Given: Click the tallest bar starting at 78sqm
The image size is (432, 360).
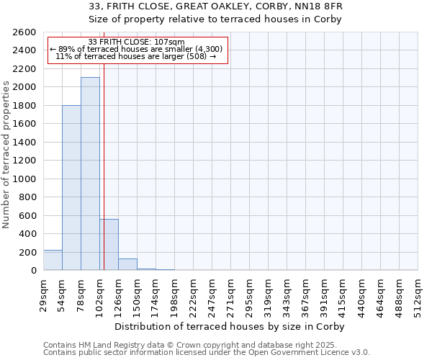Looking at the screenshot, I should click(x=90, y=174).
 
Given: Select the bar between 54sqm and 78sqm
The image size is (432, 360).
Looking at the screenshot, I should click(x=71, y=187).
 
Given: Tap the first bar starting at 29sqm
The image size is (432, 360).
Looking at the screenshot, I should click(x=53, y=260).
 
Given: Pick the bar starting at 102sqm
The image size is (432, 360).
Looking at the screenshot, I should click(x=109, y=244).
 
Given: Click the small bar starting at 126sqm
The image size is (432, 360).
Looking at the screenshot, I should click(x=127, y=264).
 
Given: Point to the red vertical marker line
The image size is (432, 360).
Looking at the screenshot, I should click(x=104, y=180).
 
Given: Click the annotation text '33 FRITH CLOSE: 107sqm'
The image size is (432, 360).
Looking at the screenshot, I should click(x=136, y=42).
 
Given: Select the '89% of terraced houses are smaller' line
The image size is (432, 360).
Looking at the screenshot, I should click(x=136, y=49).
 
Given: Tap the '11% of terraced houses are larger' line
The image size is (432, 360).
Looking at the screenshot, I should click(x=136, y=56).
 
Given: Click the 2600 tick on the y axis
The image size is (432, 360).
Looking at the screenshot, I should click(x=26, y=32).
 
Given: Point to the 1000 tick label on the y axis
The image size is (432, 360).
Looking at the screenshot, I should click(x=26, y=179).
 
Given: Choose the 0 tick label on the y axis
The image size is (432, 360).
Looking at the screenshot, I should click(x=33, y=271).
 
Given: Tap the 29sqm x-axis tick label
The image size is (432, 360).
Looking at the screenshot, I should click(x=43, y=292).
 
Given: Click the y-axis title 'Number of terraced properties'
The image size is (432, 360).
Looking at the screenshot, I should click(x=6, y=155).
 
